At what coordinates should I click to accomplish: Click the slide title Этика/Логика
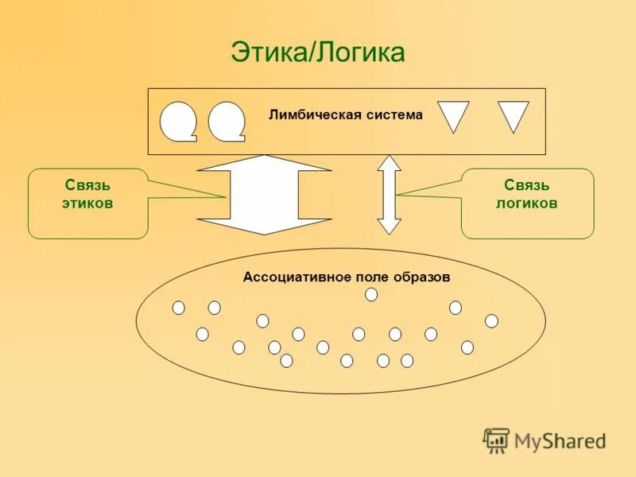tap(318, 52)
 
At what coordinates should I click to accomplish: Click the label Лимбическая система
tap(346, 114)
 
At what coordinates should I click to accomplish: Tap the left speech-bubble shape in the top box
tap(178, 121)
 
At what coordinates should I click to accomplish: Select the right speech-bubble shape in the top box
tap(227, 121)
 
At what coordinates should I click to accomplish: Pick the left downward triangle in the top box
tap(453, 114)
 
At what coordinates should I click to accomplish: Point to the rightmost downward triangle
tap(513, 114)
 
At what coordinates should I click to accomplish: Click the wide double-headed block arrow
tap(263, 195)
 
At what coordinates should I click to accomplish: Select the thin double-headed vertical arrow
tap(389, 195)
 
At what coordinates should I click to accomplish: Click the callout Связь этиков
tap(87, 195)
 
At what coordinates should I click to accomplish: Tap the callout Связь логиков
tap(526, 195)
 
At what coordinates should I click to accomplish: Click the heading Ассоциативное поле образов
tap(347, 277)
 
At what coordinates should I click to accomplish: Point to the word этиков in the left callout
tap(87, 204)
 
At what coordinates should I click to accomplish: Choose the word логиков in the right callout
tap(526, 204)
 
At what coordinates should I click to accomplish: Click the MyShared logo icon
tap(497, 440)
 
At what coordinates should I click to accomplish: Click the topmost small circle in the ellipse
tap(371, 295)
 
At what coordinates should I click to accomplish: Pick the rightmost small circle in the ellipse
tap(491, 320)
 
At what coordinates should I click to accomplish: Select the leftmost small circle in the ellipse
tap(178, 308)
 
